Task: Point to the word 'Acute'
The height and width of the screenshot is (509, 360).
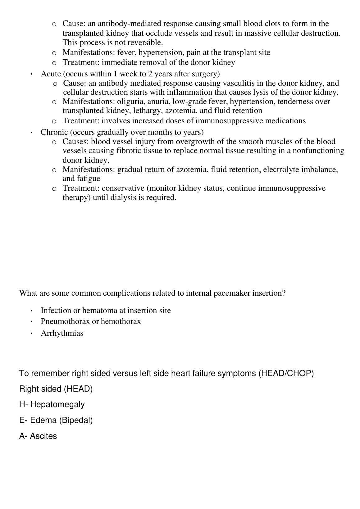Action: (x=51, y=74)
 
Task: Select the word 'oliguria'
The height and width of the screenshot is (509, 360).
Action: (x=131, y=102)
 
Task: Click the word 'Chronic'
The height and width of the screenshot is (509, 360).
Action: (x=54, y=132)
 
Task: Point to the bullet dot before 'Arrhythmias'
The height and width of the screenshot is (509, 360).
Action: (x=31, y=334)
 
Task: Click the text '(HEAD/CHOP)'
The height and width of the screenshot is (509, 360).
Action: (x=286, y=373)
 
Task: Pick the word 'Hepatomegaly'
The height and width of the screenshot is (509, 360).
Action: (x=57, y=405)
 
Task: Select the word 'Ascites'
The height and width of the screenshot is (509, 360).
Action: (x=43, y=436)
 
